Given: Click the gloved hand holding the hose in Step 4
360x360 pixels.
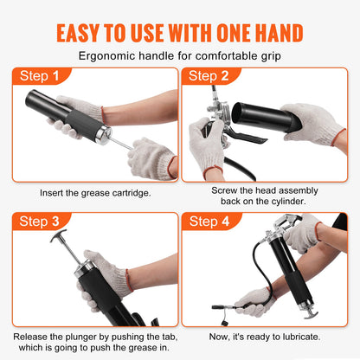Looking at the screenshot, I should [254, 300].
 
